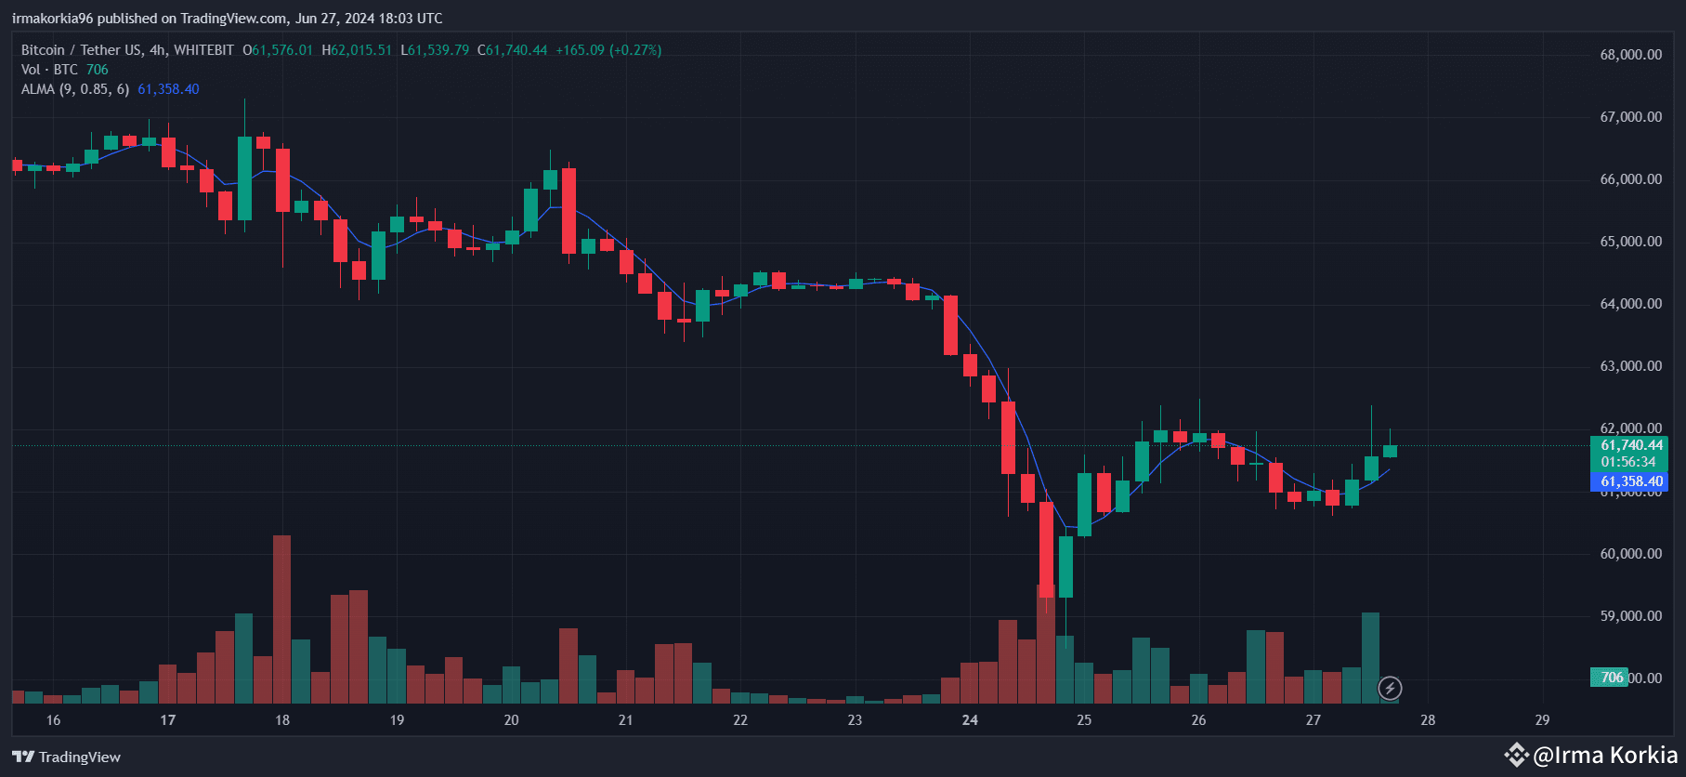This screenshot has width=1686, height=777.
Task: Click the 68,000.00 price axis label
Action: pos(1630,55)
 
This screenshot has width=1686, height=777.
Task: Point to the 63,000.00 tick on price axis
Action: pos(1630,366)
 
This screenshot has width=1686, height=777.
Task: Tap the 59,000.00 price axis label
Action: pos(1630,616)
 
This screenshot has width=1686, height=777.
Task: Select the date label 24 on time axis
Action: pos(970,720)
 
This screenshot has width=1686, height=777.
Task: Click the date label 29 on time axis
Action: pos(1542,720)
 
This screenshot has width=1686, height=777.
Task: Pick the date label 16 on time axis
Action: pos(53,720)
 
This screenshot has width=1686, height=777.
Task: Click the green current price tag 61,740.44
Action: pos(1631,445)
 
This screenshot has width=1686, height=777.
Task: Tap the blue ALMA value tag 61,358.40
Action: pos(1631,481)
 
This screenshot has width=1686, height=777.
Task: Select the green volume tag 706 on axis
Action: pos(1612,678)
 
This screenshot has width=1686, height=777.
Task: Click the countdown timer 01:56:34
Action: pos(1627,462)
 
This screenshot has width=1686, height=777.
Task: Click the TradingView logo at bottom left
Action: pos(67,757)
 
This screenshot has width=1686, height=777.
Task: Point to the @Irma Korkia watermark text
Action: pos(1604,755)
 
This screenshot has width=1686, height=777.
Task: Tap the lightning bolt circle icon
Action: pos(1390,688)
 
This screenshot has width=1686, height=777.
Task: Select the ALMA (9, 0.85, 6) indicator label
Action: pos(75,89)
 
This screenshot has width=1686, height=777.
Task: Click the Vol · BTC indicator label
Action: pos(49,70)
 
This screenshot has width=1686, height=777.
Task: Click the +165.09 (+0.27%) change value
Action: pos(608,50)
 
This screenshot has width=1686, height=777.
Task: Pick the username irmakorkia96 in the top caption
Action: pos(52,19)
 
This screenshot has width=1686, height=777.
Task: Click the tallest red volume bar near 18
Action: pos(281,618)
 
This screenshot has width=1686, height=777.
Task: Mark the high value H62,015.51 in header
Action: pos(357,50)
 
